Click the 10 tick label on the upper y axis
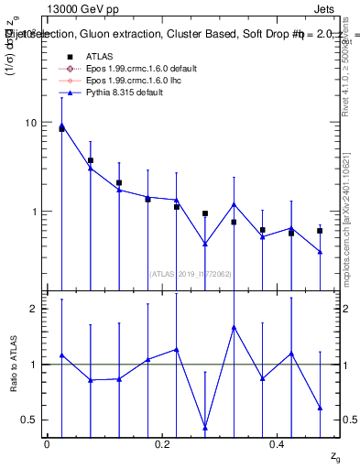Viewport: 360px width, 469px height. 30,123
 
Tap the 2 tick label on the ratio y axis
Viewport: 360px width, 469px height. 33,309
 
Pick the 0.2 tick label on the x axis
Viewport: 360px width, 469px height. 161,444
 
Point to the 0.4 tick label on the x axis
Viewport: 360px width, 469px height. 277,444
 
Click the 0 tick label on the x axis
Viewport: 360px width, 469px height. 47,444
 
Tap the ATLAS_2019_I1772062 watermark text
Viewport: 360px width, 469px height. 190,273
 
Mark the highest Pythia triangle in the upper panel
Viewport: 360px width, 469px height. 61,125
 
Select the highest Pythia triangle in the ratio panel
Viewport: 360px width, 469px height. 234,327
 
